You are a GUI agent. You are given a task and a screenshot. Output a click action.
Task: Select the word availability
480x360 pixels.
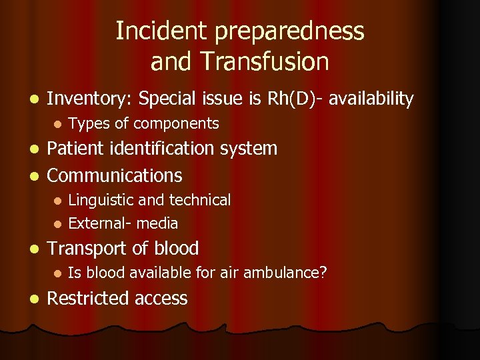(371, 99)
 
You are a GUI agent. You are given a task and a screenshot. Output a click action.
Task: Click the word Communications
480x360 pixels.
(115, 175)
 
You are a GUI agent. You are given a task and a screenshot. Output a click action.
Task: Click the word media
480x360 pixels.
(157, 223)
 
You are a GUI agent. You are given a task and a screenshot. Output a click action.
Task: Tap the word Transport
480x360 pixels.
(88, 249)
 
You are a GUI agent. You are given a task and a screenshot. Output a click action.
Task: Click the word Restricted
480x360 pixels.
(89, 298)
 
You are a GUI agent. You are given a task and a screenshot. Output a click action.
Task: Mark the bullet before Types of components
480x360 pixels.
(57, 124)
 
